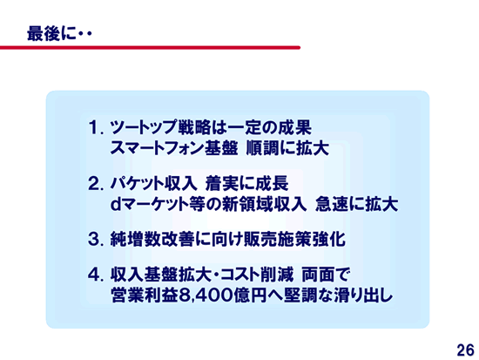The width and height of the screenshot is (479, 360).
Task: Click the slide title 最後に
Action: point(51,34)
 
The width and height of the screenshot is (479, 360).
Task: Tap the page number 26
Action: point(466,350)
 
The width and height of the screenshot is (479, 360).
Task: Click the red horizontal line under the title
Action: point(150,47)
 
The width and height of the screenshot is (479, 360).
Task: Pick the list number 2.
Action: point(94,184)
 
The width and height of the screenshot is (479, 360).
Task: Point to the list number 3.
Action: point(94,239)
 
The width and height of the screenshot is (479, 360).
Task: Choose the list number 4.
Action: point(94,275)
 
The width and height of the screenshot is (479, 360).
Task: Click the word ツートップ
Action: point(144,127)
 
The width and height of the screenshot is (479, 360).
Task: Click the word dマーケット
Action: point(150,204)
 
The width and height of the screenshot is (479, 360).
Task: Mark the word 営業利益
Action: point(145,295)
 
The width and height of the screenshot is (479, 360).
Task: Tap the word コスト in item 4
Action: point(236,275)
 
